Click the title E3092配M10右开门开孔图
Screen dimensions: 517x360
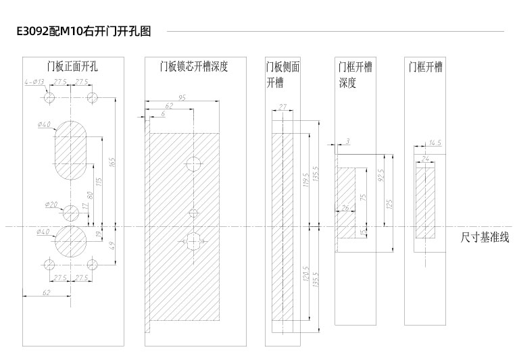point(84,31)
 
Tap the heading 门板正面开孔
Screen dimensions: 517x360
point(72,67)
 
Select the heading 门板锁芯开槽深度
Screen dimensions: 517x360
point(194,67)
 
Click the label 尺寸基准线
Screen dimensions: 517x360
point(485,237)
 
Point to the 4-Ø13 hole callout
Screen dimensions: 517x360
point(34,82)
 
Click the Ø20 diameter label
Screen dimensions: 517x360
point(51,205)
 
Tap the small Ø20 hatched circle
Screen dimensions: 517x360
point(71,213)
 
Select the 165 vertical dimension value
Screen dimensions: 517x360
point(112,162)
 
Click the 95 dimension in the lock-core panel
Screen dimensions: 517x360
point(182,97)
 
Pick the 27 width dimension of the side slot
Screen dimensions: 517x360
point(282,107)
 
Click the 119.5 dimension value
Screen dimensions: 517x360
point(306,180)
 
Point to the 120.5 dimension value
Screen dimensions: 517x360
point(306,274)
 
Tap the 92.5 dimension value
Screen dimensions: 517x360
point(381,176)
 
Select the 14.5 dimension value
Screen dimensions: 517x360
point(435,143)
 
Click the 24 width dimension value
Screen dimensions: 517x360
point(425,159)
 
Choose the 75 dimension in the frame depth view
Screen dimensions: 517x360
point(363,197)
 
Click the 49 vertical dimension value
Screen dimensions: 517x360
point(112,246)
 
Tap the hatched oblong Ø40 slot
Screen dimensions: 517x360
point(70,151)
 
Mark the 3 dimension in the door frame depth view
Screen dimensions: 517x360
point(347,141)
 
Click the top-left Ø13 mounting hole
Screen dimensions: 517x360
point(49,97)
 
